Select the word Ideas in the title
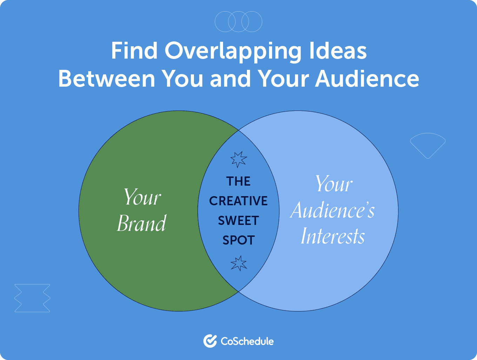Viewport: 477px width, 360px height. coord(338,51)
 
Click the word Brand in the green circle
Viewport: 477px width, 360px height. coord(142,224)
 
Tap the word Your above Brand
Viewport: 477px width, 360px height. coord(142,197)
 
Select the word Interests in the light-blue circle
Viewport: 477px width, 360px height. coord(333,236)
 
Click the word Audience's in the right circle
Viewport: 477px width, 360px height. coord(332,211)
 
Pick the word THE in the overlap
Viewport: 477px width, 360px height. coord(238,181)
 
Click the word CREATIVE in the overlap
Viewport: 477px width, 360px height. coord(238,201)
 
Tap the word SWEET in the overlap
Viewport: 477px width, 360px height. coord(238,221)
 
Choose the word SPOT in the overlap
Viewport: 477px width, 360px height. coord(238,240)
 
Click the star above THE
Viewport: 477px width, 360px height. coord(239,159)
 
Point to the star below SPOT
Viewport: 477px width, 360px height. coord(239,264)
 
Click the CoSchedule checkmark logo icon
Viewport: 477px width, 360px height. coord(210,341)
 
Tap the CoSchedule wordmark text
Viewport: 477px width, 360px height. coord(247,341)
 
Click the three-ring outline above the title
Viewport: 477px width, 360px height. coord(238,21)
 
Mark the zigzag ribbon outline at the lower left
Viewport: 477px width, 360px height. coord(32,298)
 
